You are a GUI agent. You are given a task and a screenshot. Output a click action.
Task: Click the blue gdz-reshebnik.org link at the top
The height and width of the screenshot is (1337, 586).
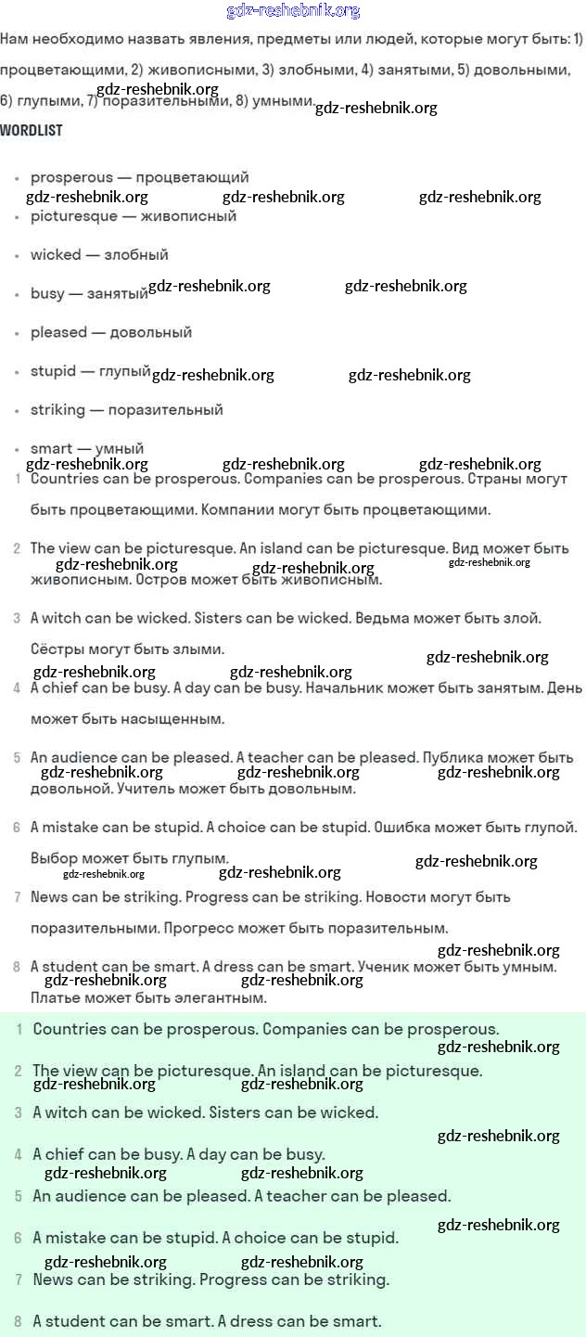pyautogui.click(x=293, y=11)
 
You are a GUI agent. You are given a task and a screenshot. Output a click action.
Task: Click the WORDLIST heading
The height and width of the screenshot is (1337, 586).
pyautogui.click(x=32, y=130)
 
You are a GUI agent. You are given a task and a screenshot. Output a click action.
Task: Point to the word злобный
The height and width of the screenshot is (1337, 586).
pyautogui.click(x=139, y=254)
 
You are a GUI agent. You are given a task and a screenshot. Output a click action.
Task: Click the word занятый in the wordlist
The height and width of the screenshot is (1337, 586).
pyautogui.click(x=118, y=293)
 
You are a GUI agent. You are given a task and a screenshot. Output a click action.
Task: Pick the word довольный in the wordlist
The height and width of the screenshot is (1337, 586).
pyautogui.click(x=150, y=332)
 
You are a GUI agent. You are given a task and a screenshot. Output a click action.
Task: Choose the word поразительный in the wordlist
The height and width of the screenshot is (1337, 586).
pyautogui.click(x=166, y=409)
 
